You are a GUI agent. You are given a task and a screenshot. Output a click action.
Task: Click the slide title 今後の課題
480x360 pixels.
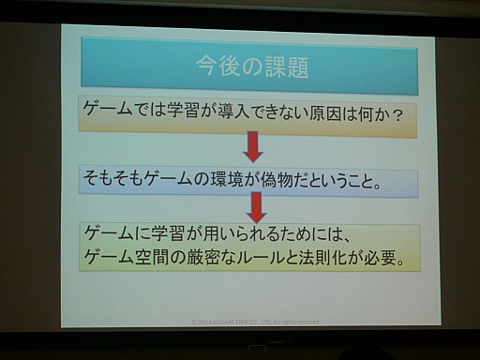tap(252, 66)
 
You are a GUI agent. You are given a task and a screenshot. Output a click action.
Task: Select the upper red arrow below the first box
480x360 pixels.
tap(252, 145)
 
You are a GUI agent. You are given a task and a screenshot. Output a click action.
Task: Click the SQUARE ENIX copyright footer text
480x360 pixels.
tap(254, 321)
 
